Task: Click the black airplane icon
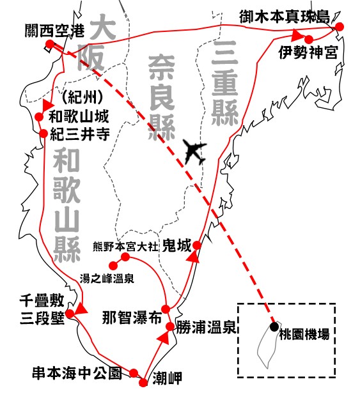pyautogui.click(x=194, y=152)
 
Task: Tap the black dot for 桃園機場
pyautogui.click(x=275, y=327)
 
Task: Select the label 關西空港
pyautogui.click(x=54, y=31)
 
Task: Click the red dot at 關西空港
pyautogui.click(x=50, y=44)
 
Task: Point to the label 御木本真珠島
pyautogui.click(x=285, y=17)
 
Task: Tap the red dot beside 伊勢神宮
pyautogui.click(x=309, y=39)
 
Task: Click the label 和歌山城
pyautogui.click(x=79, y=116)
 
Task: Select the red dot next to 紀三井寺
pyautogui.click(x=43, y=133)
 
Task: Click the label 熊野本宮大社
pyautogui.click(x=125, y=247)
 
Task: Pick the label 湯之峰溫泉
pyautogui.click(x=107, y=279)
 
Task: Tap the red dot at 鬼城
pyautogui.click(x=196, y=245)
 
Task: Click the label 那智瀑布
pyautogui.click(x=132, y=318)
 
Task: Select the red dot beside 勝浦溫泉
pyautogui.click(x=170, y=327)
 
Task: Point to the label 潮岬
pyautogui.click(x=168, y=378)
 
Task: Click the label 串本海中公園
pyautogui.click(x=77, y=373)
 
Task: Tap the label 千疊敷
pyautogui.click(x=42, y=301)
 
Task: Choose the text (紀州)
pyautogui.click(x=82, y=97)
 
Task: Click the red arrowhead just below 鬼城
pyautogui.click(x=193, y=256)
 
